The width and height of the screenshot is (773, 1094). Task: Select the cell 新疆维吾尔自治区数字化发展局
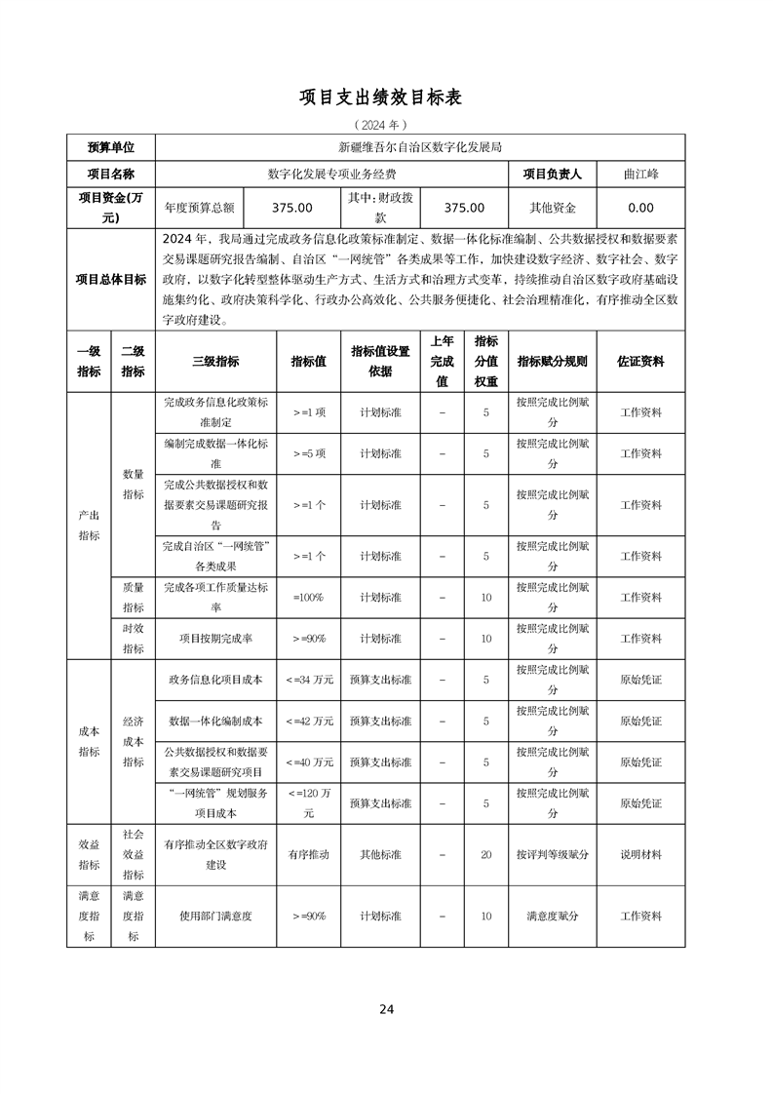419,148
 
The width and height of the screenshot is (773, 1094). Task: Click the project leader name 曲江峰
640,175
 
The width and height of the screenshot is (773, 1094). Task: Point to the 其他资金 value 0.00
640,208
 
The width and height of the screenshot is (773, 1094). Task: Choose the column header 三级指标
215,361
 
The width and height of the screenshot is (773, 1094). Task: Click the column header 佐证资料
640,361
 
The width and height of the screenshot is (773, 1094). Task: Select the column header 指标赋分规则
553,361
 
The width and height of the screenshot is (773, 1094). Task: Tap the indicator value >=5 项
309,453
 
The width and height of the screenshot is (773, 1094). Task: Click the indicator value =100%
309,597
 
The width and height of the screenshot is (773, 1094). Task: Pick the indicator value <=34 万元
309,680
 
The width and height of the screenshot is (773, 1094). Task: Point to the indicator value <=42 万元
309,721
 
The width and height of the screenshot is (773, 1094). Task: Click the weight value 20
485,854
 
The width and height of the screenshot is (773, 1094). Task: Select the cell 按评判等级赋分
553,854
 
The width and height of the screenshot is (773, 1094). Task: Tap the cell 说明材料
640,854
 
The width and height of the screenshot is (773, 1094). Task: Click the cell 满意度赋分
553,916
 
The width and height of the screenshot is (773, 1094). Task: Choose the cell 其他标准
380,854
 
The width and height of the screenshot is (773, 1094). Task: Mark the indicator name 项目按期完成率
215,639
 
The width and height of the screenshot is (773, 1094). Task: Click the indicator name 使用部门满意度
215,916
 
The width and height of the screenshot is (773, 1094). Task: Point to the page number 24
387,1009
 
